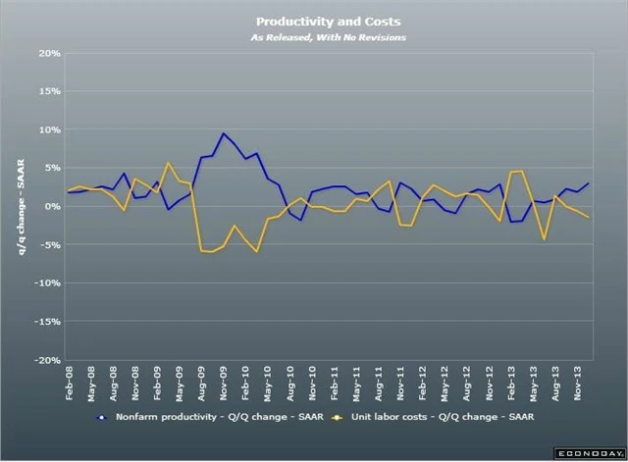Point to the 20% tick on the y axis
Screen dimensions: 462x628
(x=48, y=53)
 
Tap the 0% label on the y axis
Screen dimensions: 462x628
(x=52, y=207)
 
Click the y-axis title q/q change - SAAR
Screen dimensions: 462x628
(x=21, y=206)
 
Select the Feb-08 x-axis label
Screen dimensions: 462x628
(x=71, y=385)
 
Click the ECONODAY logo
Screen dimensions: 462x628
(x=589, y=453)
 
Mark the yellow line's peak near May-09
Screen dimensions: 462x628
(x=168, y=163)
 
